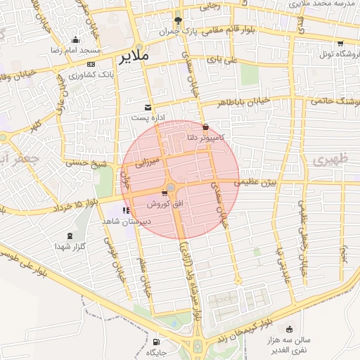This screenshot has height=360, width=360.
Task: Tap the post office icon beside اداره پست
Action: (x=148, y=107)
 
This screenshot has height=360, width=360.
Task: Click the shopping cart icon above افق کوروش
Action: (x=165, y=193)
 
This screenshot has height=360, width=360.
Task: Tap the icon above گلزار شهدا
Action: (x=69, y=236)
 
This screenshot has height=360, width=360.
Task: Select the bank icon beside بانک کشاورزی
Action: (x=91, y=64)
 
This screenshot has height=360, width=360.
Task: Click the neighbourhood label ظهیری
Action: (x=325, y=160)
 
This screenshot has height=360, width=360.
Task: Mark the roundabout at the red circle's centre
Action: (x=171, y=187)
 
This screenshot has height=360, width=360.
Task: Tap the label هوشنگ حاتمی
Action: (x=334, y=101)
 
